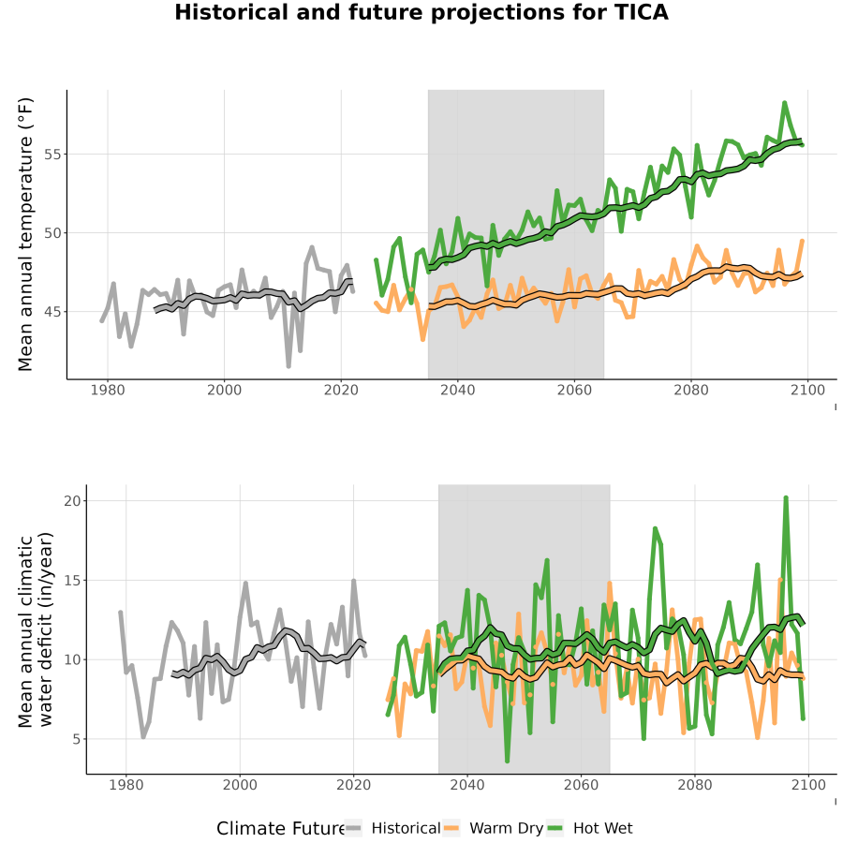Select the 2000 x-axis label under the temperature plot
tap(224, 390)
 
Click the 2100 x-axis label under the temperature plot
tap(807, 390)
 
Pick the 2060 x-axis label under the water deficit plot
tap(581, 785)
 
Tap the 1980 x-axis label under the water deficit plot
tap(126, 785)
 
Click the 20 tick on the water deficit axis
tap(72, 500)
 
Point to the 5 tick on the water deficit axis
tap(77, 739)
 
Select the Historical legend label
tap(406, 828)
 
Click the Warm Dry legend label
tap(507, 828)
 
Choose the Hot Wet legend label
tap(603, 828)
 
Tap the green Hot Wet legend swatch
tap(555, 828)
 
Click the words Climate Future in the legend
tap(282, 829)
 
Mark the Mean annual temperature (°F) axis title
tap(24, 234)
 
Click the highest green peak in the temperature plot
tap(784, 102)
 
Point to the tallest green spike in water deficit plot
tap(786, 497)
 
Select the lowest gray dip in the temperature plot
tap(288, 366)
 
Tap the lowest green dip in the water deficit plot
tap(507, 761)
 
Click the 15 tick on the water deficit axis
tap(72, 581)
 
